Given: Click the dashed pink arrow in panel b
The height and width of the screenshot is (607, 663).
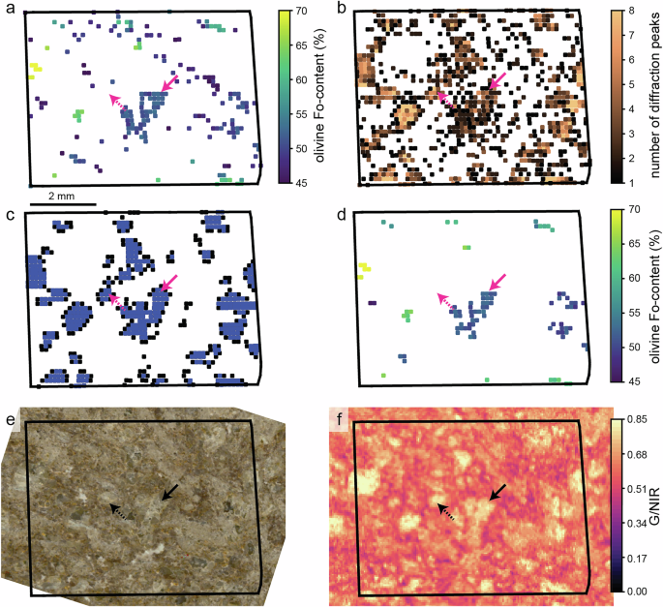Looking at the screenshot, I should pyautogui.click(x=444, y=96).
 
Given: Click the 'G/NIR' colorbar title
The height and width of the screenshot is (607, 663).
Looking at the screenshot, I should pyautogui.click(x=654, y=505).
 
